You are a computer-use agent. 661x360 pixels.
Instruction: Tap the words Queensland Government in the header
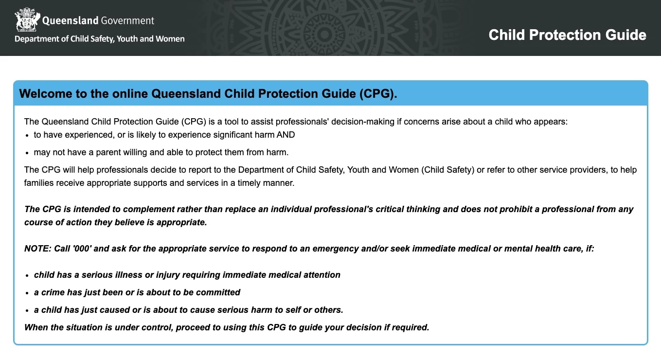point(98,20)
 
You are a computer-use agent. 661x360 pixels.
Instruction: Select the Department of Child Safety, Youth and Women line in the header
point(100,39)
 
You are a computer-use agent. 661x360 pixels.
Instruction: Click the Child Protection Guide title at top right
point(567,35)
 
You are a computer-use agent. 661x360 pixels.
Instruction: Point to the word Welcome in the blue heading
point(45,93)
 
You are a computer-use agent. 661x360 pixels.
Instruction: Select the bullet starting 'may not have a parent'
point(161,152)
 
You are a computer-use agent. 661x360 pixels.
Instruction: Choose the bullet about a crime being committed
point(137,292)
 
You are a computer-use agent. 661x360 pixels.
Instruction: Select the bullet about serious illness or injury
point(187,275)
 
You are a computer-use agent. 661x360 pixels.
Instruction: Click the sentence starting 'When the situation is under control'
point(227,327)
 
